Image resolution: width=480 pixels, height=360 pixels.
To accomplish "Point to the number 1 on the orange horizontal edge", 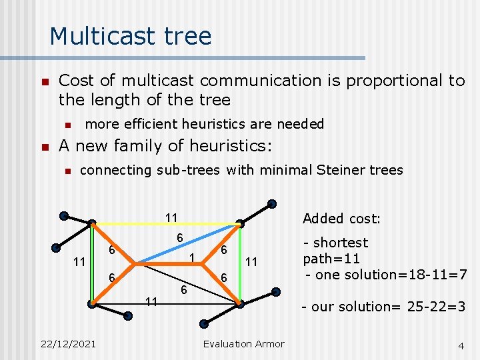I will pos(191,257).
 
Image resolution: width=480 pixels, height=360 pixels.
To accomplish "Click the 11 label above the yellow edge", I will pos(171,217).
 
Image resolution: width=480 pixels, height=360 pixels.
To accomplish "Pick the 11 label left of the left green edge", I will pos(79,262).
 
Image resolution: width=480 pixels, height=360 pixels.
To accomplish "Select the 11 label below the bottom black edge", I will pos(151,301).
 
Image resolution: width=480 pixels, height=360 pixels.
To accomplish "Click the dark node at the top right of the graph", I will pos(272,204).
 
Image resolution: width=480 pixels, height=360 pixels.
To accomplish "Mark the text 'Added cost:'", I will pos(341,219).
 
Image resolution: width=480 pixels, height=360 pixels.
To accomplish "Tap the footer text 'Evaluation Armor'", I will pos(243,344).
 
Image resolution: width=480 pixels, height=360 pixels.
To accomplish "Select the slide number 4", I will pos(461,345).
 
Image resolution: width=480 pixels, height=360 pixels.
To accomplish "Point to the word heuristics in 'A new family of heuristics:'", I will pos(225,145).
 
